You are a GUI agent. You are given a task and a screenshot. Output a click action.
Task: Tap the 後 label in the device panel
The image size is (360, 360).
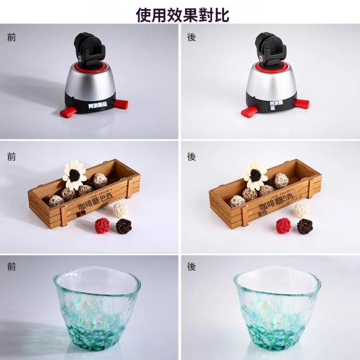click(x=192, y=37)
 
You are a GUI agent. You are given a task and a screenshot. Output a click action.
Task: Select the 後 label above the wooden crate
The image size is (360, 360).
click(x=192, y=156)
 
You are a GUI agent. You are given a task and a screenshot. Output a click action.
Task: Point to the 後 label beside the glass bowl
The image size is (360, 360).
click(x=192, y=267)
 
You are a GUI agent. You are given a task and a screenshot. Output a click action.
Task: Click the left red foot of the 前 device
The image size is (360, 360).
click(x=67, y=112)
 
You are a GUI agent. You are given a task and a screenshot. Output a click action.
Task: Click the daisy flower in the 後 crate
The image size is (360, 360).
click(x=256, y=173)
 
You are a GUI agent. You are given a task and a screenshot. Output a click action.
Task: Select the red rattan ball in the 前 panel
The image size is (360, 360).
click(x=102, y=225)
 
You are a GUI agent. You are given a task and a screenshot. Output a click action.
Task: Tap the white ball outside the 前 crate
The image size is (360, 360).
click(x=120, y=210)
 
